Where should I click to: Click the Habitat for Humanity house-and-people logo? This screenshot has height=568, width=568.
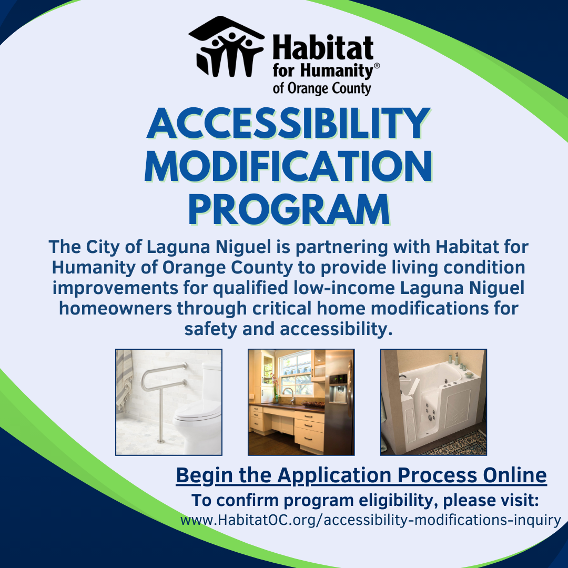[226, 47]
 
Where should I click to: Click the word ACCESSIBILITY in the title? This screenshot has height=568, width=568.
[288, 124]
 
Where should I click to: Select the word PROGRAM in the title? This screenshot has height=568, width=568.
[289, 209]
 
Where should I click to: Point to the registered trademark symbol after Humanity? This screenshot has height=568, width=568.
[377, 66]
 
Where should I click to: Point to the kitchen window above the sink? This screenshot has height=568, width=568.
[296, 373]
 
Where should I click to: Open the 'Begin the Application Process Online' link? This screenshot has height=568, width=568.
[361, 475]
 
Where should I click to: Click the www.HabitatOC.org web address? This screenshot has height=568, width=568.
[371, 520]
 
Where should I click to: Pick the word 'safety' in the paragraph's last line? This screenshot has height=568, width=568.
[211, 330]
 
